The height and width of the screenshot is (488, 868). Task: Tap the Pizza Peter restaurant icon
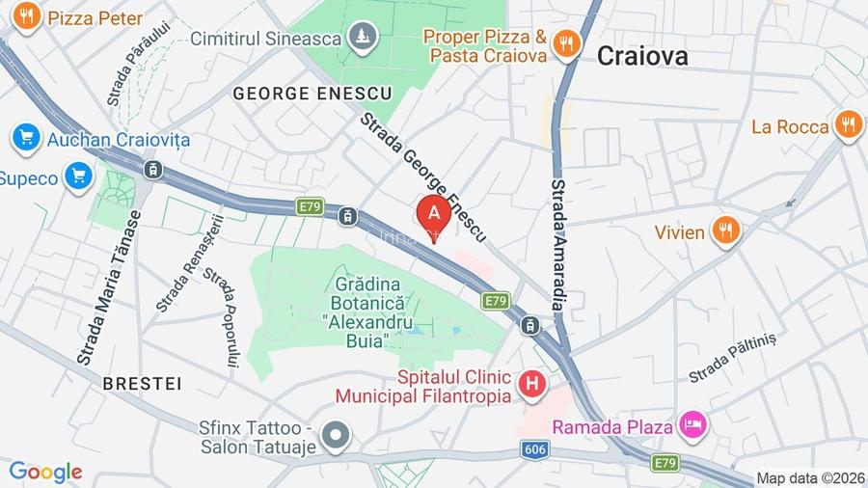[27, 16]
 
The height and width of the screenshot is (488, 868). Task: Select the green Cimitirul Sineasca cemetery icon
[364, 37]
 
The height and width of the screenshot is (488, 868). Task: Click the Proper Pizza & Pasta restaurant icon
[566, 42]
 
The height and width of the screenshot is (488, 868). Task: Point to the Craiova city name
[642, 56]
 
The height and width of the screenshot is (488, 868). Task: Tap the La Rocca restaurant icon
[848, 125]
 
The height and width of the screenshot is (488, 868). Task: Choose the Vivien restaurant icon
[725, 231]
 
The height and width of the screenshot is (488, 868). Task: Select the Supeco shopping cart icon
[78, 176]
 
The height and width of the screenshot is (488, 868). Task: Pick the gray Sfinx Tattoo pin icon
[336, 436]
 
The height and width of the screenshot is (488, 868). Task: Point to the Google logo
[45, 472]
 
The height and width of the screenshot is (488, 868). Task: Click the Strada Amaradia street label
[559, 244]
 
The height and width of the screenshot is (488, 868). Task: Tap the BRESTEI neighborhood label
[142, 383]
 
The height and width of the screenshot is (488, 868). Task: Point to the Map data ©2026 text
[809, 477]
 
